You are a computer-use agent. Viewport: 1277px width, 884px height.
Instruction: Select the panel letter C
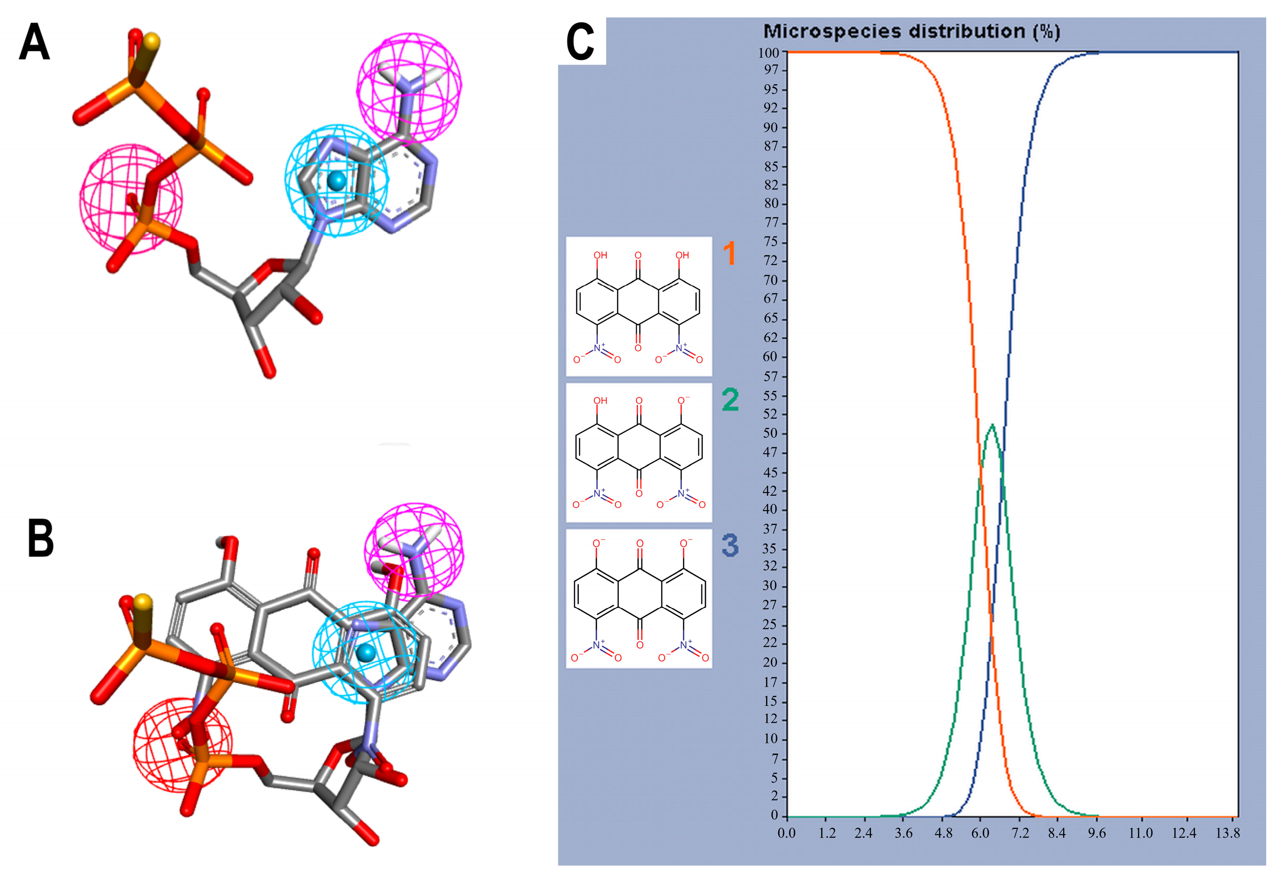tap(580, 43)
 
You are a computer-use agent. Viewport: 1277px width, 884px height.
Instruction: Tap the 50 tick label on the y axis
tap(771, 433)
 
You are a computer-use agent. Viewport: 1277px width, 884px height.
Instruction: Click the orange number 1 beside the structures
tap(729, 253)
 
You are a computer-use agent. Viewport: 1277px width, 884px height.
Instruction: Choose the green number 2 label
tap(730, 400)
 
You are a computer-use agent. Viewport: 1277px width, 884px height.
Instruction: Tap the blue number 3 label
tap(730, 545)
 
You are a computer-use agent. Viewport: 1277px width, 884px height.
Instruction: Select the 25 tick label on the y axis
tap(771, 625)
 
